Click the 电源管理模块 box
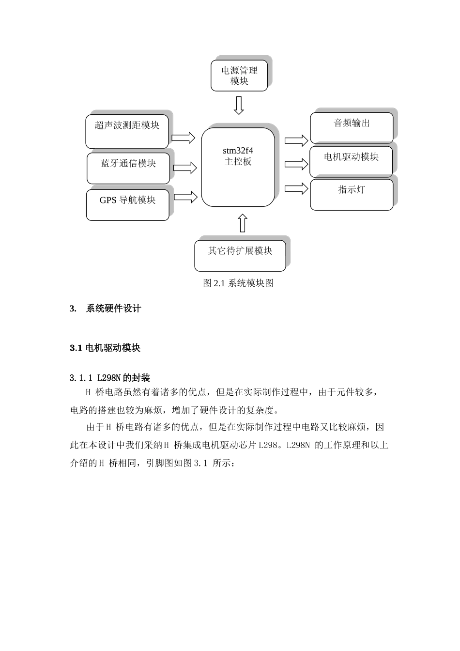(x=239, y=76)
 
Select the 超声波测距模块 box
(x=127, y=131)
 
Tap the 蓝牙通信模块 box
(x=128, y=168)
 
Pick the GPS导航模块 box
(x=127, y=204)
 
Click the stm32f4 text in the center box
(x=238, y=151)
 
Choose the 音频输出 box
(x=352, y=128)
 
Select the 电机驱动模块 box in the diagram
(x=351, y=161)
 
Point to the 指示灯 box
(x=352, y=194)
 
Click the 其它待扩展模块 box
(x=240, y=255)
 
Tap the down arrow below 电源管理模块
(x=238, y=105)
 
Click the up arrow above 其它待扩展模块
(x=243, y=223)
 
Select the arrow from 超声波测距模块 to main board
(x=183, y=138)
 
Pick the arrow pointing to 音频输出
(x=296, y=140)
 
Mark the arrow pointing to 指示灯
(x=296, y=188)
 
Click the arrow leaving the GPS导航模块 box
(x=185, y=197)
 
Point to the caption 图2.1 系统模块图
(x=238, y=283)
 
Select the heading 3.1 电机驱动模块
(x=105, y=348)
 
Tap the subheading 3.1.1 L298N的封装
(x=110, y=378)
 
